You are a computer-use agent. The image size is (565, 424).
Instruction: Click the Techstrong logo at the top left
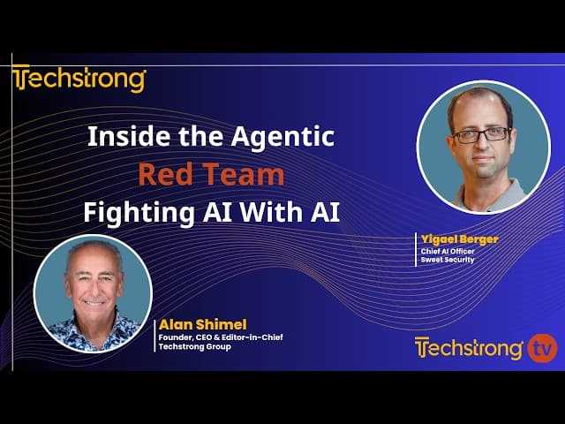point(79,79)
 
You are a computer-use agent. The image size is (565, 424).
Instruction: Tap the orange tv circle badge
point(542,348)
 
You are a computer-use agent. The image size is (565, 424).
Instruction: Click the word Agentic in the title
point(282,137)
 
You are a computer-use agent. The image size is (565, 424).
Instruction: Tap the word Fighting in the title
point(139,213)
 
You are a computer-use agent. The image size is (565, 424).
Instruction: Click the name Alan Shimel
point(203,324)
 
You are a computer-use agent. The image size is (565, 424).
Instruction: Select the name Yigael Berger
point(459,239)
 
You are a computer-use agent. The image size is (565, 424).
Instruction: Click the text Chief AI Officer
point(448,251)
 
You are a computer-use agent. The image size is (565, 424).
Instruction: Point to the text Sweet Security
point(448,260)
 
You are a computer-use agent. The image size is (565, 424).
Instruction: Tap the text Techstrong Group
point(194,347)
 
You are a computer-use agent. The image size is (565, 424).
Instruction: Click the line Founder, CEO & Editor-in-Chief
point(221,337)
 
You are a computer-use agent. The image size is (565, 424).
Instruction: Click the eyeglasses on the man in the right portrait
point(481,135)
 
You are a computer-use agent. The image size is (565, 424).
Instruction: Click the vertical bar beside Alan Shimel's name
point(154,336)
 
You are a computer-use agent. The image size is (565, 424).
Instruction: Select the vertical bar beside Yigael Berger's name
point(416,249)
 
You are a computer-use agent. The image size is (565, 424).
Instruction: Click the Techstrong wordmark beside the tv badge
point(469,349)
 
